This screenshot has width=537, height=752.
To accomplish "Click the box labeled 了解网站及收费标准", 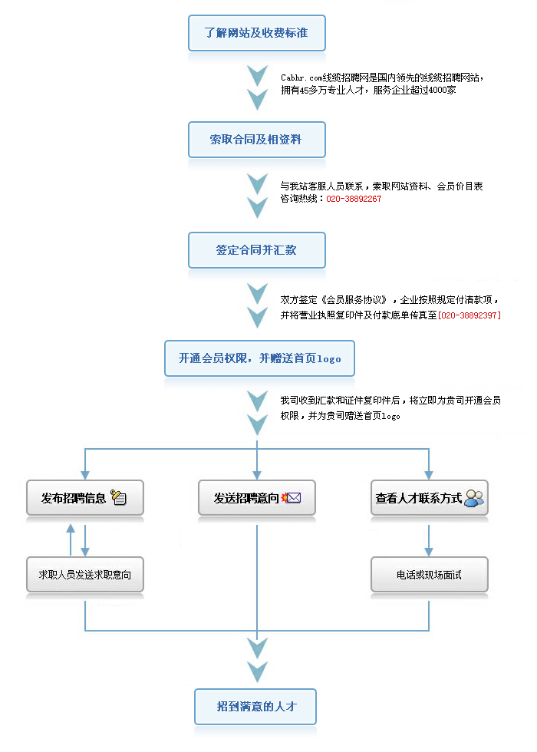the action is tap(256, 33).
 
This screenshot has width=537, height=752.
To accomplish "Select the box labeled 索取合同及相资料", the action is tap(256, 140).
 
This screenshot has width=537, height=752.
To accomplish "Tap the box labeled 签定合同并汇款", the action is tap(256, 250).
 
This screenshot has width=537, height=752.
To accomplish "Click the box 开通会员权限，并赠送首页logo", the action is tap(259, 358).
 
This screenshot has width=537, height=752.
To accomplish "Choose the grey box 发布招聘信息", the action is tap(85, 498).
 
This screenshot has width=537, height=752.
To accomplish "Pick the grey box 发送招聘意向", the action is tap(257, 498).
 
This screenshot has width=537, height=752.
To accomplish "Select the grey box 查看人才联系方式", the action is tap(429, 498).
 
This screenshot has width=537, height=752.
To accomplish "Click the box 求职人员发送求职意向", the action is tap(85, 575).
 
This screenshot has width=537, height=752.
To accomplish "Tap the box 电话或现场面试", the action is tap(429, 575).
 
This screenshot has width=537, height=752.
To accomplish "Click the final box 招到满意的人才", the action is tap(255, 707).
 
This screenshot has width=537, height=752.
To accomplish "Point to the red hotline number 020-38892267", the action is tap(354, 199).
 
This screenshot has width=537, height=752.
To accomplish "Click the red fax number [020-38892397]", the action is tap(469, 315).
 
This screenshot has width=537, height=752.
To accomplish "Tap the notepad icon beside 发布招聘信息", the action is tap(118, 497).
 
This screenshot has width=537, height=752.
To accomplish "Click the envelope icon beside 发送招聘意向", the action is tap(291, 498).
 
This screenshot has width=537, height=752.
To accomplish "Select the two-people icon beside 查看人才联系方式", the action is tap(474, 498).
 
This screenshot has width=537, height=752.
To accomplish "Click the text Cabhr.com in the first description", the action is tap(301, 78).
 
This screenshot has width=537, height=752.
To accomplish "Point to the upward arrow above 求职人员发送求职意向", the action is tap(71, 539).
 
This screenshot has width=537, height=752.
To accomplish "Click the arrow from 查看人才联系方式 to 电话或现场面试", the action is tap(429, 540).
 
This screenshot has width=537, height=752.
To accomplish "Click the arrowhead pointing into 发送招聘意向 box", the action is tap(257, 475).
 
